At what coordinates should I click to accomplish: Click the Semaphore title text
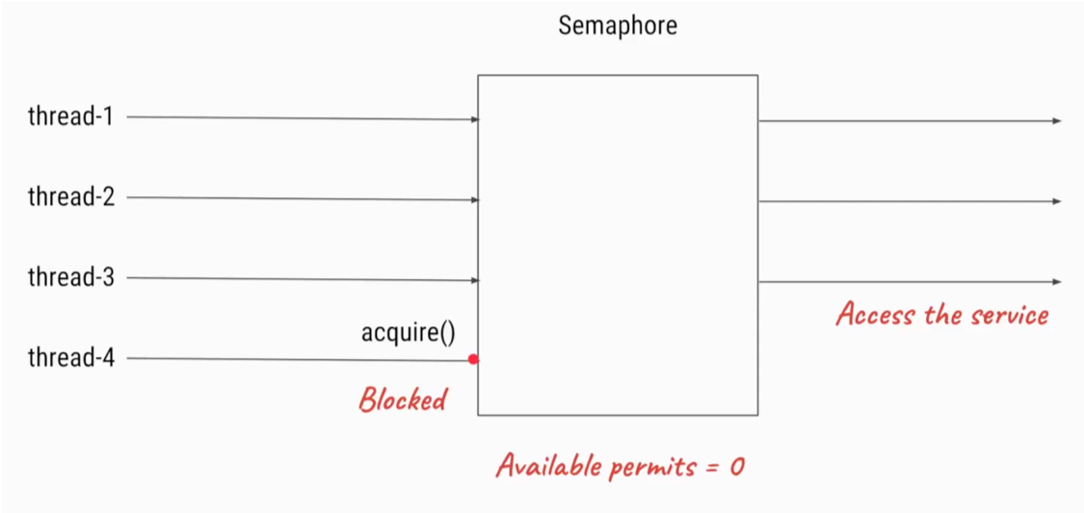point(618,26)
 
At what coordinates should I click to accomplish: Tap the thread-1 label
point(70,116)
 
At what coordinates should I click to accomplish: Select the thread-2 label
point(70,196)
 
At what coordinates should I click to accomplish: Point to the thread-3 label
point(70,277)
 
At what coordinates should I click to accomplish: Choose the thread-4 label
point(70,358)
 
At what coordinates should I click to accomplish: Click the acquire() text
point(409,332)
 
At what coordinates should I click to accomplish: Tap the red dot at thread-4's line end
point(473,359)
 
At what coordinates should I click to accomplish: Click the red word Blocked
point(403,399)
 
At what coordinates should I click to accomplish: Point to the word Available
point(549,466)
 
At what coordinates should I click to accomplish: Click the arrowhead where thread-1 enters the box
point(475,119)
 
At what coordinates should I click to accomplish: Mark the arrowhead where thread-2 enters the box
point(475,200)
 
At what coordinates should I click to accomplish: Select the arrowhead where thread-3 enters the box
point(475,280)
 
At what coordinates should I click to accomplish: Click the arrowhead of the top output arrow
point(1057,121)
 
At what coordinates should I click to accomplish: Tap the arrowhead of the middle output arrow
point(1057,201)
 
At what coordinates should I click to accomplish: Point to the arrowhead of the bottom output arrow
point(1057,282)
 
